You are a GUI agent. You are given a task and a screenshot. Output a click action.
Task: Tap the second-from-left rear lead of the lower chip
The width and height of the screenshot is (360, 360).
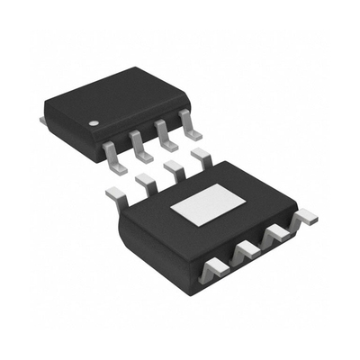pos(144,183)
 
